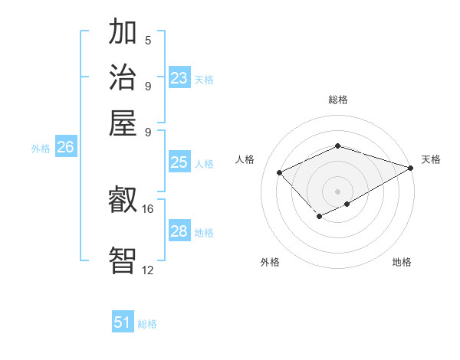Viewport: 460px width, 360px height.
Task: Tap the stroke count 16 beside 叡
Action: (148, 209)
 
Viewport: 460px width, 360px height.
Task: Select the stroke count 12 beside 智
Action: (148, 270)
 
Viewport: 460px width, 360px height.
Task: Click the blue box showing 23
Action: (179, 78)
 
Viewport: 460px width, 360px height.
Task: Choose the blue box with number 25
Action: (179, 162)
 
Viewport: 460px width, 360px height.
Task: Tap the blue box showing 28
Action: (179, 231)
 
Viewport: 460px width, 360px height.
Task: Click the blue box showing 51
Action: (123, 322)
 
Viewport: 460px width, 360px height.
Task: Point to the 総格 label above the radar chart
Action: (337, 100)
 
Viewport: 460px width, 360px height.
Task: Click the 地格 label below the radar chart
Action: (402, 262)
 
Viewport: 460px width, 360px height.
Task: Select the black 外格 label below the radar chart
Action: (270, 262)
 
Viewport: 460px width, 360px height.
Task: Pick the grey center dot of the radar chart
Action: (337, 191)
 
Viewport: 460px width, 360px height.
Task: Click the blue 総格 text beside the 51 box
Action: (147, 324)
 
